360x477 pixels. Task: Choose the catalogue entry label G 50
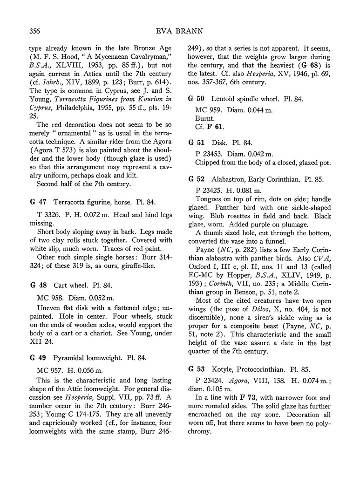[195, 99]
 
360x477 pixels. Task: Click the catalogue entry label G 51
[195, 142]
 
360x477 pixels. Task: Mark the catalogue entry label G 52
[195, 178]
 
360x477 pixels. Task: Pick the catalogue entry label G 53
[195, 369]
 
